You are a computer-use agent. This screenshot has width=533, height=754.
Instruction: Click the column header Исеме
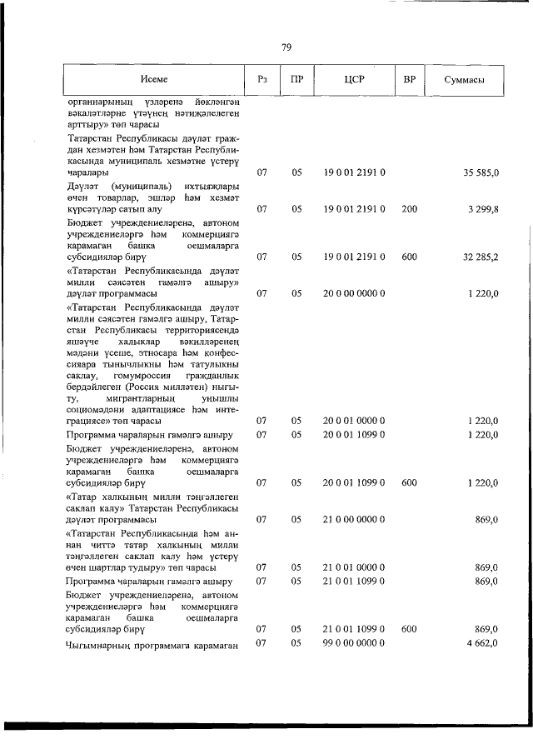154,80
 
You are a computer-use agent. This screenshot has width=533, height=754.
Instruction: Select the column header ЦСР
354,80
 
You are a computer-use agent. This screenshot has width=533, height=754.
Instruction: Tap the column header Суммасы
466,81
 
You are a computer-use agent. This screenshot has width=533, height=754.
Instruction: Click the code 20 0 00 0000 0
354,293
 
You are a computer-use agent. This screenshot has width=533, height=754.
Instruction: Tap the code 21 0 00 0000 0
354,519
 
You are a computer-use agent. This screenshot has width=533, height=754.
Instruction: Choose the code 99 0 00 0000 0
354,643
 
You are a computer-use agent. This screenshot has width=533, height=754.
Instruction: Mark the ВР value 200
409,209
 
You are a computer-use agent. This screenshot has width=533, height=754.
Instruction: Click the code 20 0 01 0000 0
354,421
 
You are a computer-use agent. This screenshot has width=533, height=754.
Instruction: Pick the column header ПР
296,80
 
